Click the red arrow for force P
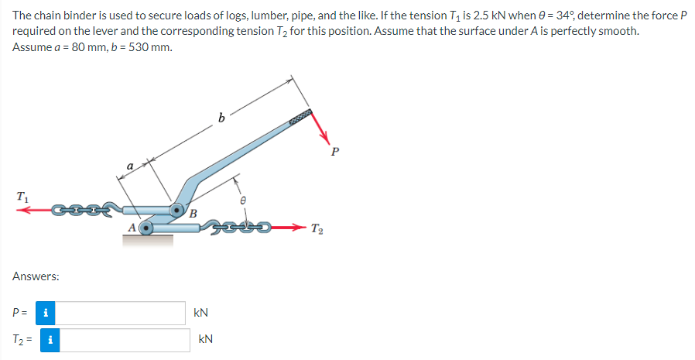[320, 127]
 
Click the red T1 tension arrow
[35, 210]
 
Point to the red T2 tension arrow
[288, 228]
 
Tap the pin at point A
[145, 228]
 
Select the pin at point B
[177, 210]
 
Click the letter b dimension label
[221, 117]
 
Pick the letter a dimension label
[130, 166]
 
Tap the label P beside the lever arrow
[334, 152]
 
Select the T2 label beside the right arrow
[317, 228]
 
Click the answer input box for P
[120, 313]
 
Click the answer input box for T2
[125, 340]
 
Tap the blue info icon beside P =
[46, 313]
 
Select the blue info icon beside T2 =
[50, 340]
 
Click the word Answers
[36, 276]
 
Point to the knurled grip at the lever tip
[300, 116]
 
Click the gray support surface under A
[148, 240]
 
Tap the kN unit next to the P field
[200, 313]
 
